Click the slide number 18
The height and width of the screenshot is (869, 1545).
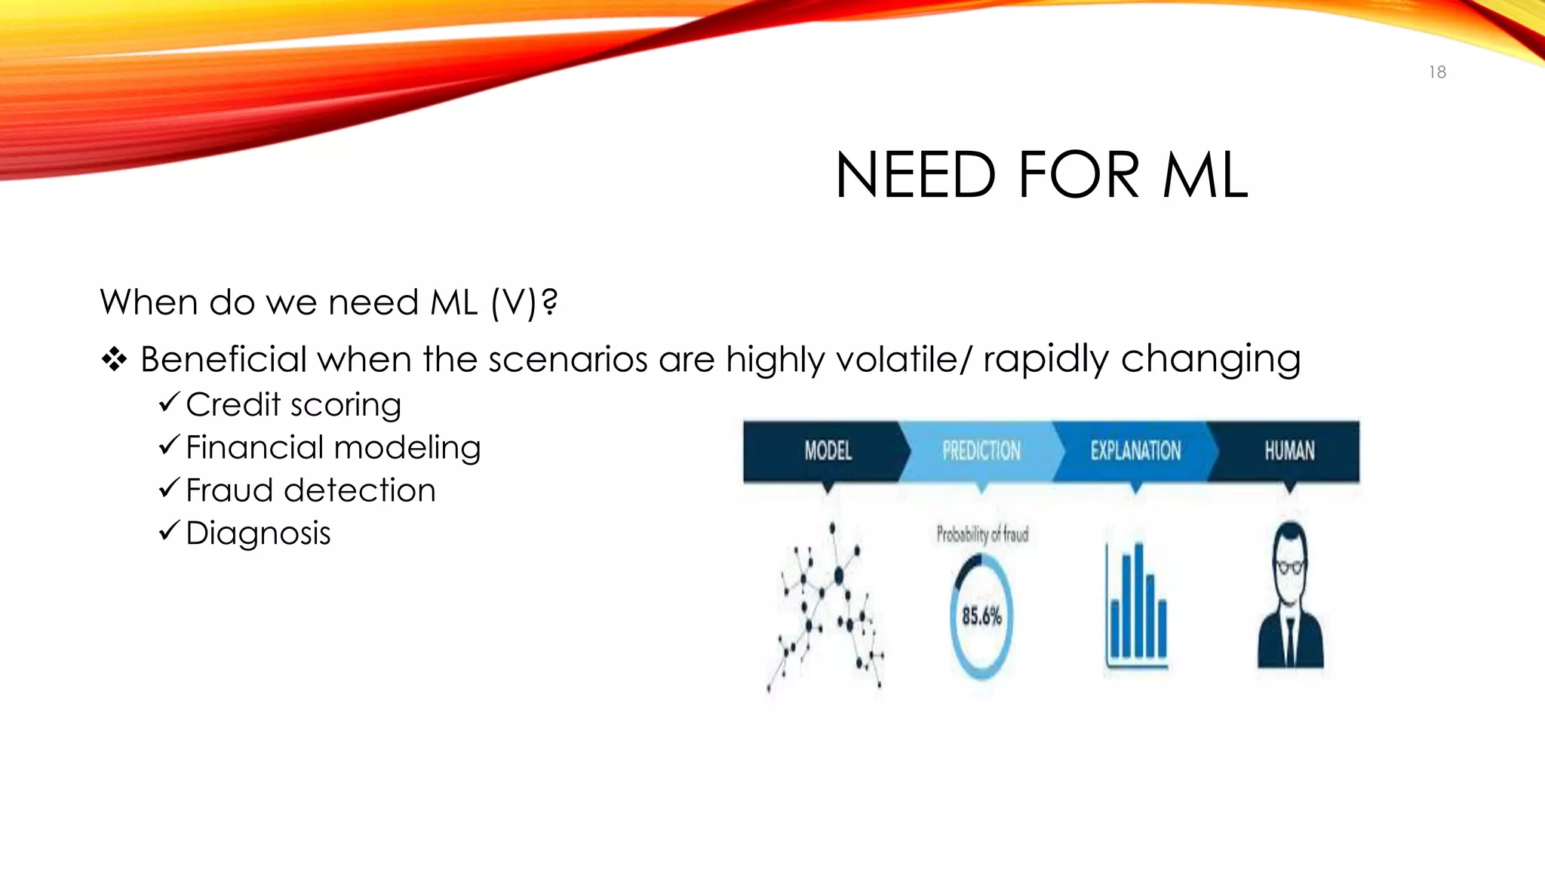[1437, 72]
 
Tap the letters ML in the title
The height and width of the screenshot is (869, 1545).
[1205, 176]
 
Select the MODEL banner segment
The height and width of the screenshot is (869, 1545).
[828, 451]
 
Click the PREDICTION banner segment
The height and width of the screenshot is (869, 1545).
[981, 451]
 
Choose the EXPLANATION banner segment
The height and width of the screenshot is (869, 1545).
[1135, 451]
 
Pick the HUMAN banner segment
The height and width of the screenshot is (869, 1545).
[1289, 451]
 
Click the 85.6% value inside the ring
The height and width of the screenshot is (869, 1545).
[981, 616]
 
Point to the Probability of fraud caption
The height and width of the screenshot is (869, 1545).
[982, 535]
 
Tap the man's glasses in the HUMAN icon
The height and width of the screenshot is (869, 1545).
[1290, 567]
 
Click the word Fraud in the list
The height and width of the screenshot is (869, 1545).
[229, 490]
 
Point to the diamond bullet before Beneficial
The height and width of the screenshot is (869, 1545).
[114, 360]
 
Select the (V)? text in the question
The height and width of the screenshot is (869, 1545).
[524, 302]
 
